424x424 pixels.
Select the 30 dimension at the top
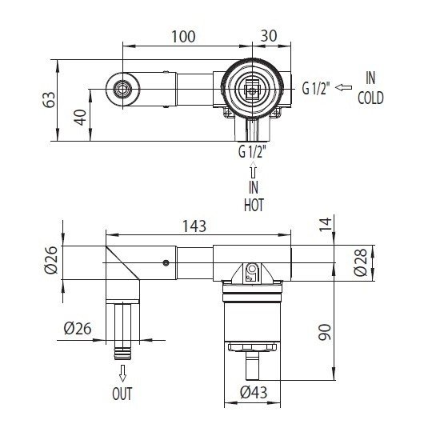269,38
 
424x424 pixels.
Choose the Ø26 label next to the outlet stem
80,327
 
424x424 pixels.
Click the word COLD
370,99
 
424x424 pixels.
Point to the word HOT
254,204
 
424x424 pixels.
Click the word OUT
123,394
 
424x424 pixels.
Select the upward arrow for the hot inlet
254,170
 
